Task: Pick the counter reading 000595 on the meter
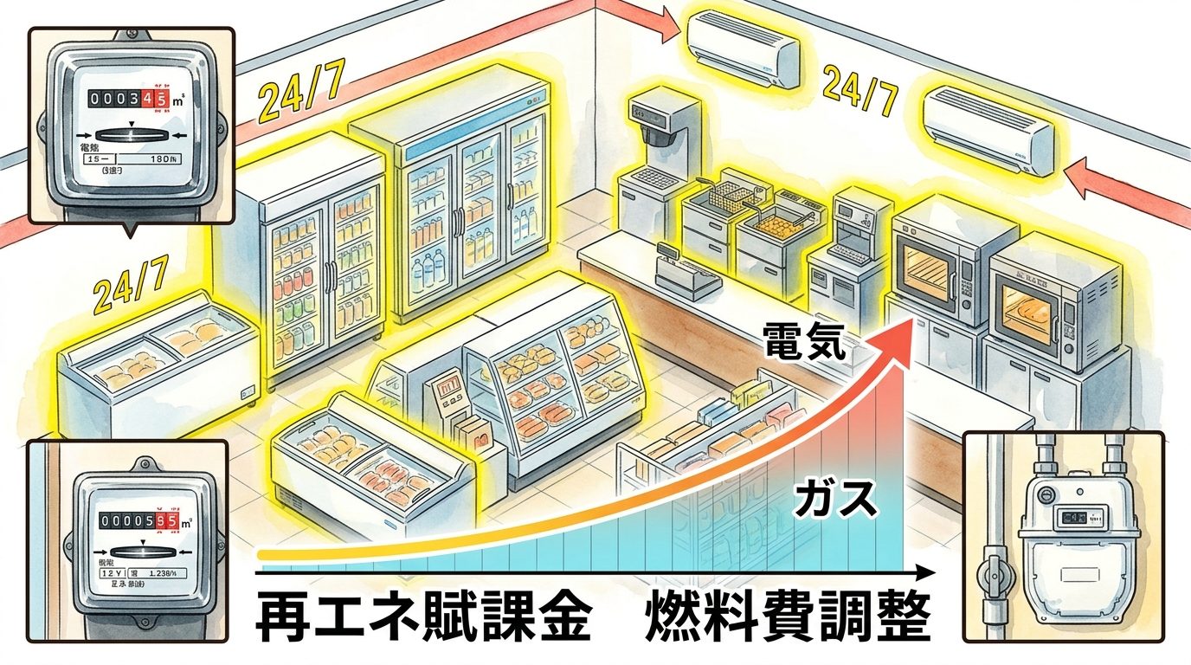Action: pos(138,521)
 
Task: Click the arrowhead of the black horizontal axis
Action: pos(928,572)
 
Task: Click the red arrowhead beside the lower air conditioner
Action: pos(1078,176)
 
